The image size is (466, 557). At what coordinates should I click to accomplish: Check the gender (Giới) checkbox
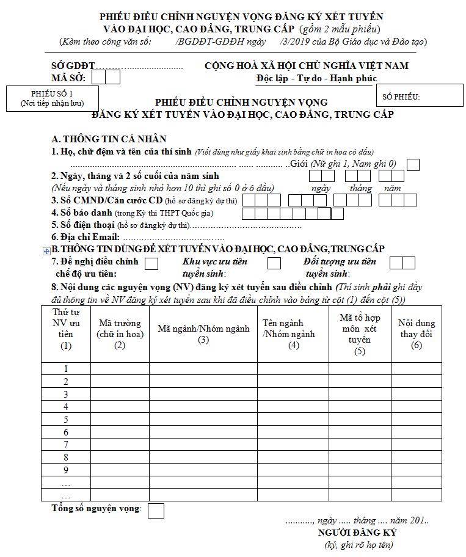(x=413, y=164)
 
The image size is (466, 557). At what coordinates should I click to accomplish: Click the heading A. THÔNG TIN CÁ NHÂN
(x=109, y=139)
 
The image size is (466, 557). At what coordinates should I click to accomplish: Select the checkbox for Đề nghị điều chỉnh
(x=151, y=263)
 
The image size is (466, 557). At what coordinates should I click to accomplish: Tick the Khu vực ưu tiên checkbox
(x=274, y=263)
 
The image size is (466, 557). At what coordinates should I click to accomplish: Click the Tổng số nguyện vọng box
(x=156, y=511)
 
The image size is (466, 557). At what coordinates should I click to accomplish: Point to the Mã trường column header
(x=120, y=329)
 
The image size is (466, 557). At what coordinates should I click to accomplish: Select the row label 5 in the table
(x=66, y=420)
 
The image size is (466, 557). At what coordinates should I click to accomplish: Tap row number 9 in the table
(x=66, y=470)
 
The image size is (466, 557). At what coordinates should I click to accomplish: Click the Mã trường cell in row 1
(x=120, y=369)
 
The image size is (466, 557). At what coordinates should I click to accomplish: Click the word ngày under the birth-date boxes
(x=321, y=188)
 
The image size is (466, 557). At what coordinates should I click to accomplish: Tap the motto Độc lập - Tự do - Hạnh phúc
(x=316, y=78)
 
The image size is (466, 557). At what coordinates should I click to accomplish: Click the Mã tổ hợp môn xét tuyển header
(x=360, y=334)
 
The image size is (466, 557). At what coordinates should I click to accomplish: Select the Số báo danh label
(x=82, y=213)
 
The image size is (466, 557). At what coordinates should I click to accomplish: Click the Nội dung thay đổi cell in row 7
(x=417, y=445)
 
